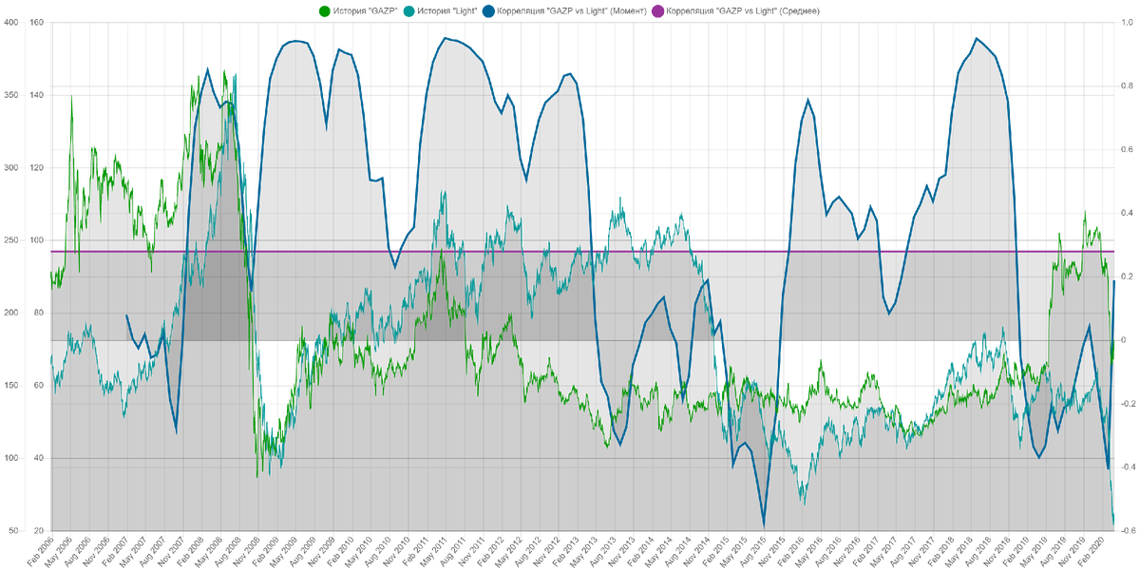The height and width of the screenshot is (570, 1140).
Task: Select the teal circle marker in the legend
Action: point(408,11)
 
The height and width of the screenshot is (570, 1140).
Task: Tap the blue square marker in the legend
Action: point(489,11)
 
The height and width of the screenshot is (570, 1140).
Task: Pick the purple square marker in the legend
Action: point(657,11)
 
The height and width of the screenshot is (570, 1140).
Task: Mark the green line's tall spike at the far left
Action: point(71,97)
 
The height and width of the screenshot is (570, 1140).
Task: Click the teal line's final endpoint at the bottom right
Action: point(1114,520)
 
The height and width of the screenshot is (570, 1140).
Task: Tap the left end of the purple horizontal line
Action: point(49,251)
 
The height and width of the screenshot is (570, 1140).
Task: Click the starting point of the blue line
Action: point(127,316)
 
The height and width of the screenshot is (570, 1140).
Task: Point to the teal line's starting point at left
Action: point(49,359)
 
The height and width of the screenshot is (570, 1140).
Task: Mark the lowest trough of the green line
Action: point(259,473)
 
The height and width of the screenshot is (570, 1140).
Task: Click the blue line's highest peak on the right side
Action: point(978,36)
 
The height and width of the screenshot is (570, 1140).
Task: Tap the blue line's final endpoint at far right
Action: point(1115,282)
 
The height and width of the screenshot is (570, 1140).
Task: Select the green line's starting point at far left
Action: point(49,274)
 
